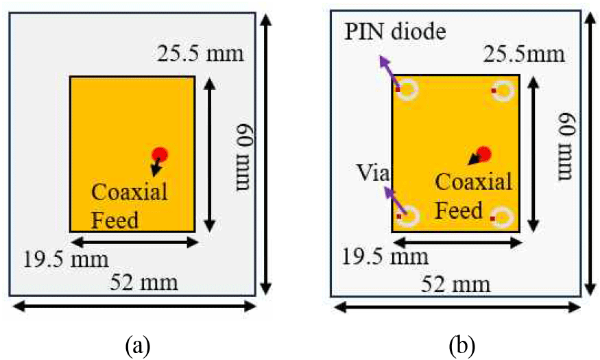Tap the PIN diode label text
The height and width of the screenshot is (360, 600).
tap(395, 32)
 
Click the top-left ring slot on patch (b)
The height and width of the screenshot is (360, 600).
tap(407, 90)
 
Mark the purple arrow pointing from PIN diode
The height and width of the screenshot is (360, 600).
tap(387, 71)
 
